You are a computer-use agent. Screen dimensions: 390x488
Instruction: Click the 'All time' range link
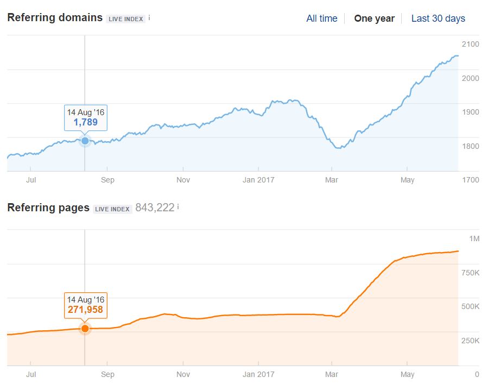pos(321,18)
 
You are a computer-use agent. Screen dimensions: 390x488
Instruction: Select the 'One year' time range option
pos(374,18)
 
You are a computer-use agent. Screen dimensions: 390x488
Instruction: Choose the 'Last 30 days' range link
pos(438,18)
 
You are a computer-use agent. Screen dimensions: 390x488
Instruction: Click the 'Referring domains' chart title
pos(55,17)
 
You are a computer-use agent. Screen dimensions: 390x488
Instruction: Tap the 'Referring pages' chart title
pos(48,207)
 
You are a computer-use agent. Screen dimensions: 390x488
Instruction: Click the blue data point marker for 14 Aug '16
pos(85,141)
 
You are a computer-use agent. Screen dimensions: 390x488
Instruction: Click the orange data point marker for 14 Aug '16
pos(85,328)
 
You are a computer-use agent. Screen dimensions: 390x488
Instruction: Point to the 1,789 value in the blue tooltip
pos(86,122)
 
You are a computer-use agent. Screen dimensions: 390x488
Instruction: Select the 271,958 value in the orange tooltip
pos(85,310)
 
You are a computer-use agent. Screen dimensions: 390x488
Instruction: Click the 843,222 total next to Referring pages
pos(155,207)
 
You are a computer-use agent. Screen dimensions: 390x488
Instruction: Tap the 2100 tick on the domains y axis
pos(470,44)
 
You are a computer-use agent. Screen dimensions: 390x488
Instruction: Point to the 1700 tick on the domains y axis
pos(470,179)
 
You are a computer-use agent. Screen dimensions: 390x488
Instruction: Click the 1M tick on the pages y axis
pos(474,239)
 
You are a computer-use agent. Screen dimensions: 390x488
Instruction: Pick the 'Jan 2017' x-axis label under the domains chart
pos(258,179)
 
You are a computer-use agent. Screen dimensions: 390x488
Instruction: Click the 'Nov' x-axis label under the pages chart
pos(183,374)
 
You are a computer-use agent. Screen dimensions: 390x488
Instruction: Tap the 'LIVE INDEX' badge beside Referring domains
pos(126,19)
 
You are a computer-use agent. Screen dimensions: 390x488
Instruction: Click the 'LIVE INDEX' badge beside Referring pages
pos(113,209)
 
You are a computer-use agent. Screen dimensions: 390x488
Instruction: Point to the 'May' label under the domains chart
pos(407,179)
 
